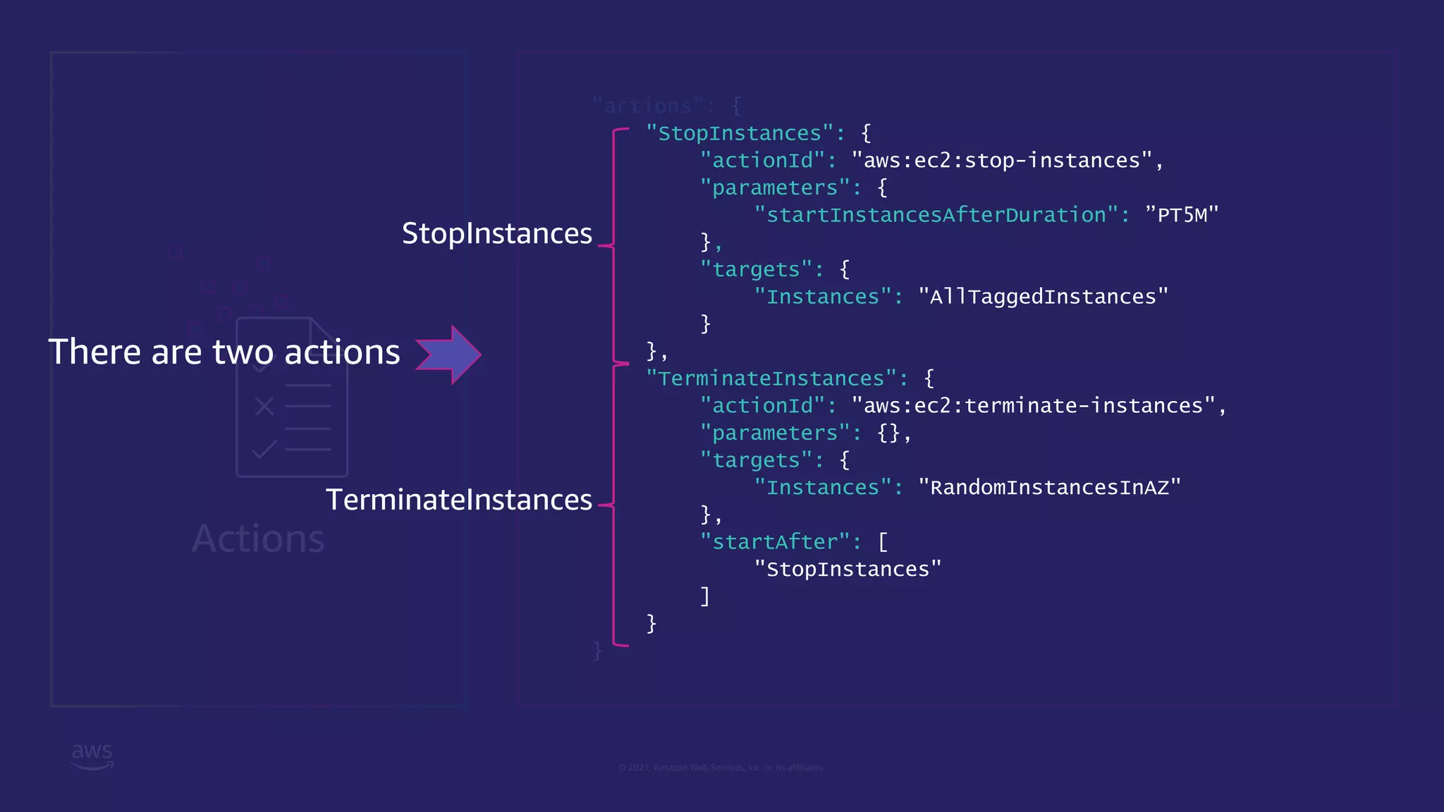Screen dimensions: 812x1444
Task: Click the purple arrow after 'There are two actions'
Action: [x=449, y=355]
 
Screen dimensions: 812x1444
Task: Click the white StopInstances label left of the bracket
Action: [x=496, y=233]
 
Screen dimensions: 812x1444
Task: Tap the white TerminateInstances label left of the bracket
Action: [x=458, y=500]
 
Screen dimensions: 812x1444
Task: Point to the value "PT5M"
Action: [x=1182, y=215]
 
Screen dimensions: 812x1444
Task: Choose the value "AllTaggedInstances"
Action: [x=1043, y=297]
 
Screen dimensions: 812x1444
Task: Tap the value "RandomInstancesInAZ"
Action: [x=1049, y=488]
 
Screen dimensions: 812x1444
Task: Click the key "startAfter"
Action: [x=775, y=542]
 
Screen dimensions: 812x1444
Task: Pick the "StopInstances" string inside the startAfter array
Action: [x=848, y=570]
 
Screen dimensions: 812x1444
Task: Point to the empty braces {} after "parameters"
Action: [x=888, y=433]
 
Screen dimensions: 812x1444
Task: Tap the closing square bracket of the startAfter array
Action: [x=704, y=596]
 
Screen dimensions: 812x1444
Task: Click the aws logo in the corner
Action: [x=92, y=756]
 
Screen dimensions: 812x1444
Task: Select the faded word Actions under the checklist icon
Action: [x=258, y=539]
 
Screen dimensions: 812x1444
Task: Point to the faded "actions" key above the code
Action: [x=648, y=106]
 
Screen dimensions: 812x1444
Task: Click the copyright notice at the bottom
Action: [x=721, y=768]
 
